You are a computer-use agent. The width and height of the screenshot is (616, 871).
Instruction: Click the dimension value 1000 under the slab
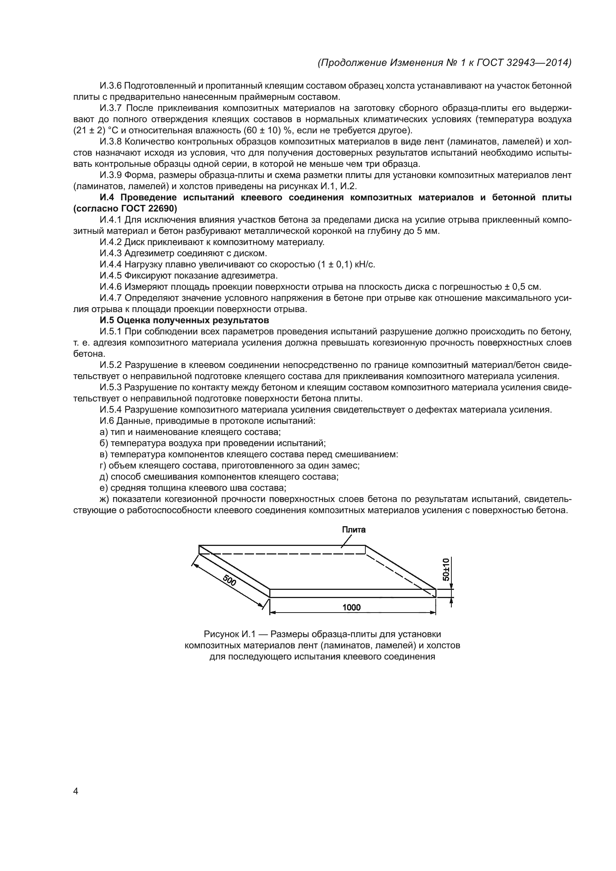351,607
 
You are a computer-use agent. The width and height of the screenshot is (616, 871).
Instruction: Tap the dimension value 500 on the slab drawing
230,580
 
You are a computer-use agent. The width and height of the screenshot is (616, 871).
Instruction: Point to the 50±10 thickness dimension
446,569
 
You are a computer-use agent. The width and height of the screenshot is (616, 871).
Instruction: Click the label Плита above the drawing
353,530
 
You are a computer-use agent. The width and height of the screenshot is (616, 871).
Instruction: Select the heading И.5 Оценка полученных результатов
184,321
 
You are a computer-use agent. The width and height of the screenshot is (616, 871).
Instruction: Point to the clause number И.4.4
111,264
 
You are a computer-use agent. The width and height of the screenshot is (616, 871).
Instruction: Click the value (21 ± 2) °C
95,130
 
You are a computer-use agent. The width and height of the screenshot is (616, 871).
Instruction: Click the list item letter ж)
104,499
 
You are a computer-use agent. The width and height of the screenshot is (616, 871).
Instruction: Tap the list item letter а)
104,432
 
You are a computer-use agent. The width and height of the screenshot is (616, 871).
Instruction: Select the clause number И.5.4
111,410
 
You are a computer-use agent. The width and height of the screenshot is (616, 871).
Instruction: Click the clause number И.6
107,421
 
